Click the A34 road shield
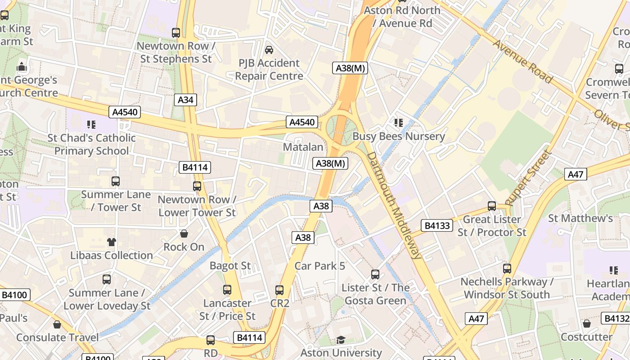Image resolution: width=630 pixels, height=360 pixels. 185,100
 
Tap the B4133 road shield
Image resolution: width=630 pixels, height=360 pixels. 437,225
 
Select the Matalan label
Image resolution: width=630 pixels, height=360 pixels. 303,147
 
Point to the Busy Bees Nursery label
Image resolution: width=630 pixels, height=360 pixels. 398,136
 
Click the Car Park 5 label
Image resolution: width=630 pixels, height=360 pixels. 319,266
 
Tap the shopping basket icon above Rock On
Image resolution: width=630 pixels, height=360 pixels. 184,234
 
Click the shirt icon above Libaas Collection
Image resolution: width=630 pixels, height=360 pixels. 112,242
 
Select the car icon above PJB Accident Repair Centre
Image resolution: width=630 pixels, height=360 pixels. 269,49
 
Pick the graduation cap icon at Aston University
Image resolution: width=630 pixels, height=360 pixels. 341,340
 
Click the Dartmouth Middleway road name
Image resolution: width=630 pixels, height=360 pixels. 395,205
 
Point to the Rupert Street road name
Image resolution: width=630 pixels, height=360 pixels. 528,178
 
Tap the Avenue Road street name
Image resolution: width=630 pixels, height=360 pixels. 522,62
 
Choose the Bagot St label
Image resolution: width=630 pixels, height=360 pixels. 230,266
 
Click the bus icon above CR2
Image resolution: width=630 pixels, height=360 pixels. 279,290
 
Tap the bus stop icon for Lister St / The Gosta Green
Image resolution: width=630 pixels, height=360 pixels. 375,274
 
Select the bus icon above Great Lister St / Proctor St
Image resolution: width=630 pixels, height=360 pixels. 491,206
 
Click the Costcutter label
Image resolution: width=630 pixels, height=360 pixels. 586,337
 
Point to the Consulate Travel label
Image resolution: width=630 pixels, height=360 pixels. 57,337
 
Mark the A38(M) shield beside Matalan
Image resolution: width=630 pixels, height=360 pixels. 330,163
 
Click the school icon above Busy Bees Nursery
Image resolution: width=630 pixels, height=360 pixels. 398,122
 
